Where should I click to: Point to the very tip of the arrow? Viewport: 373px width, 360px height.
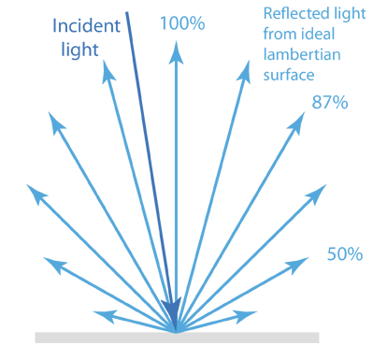coord(175,329)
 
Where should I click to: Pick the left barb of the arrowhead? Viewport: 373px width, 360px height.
coord(163,300)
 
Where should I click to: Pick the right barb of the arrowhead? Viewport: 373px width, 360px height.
coord(180,299)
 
